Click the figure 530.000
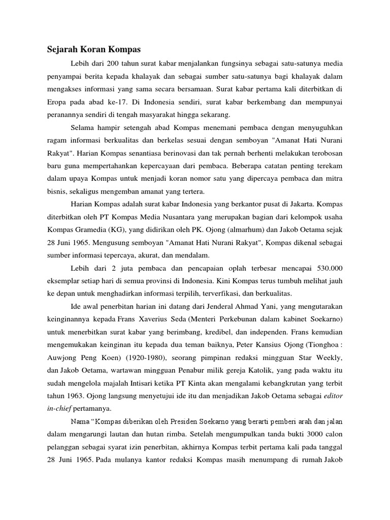pyautogui.click(x=328, y=269)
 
